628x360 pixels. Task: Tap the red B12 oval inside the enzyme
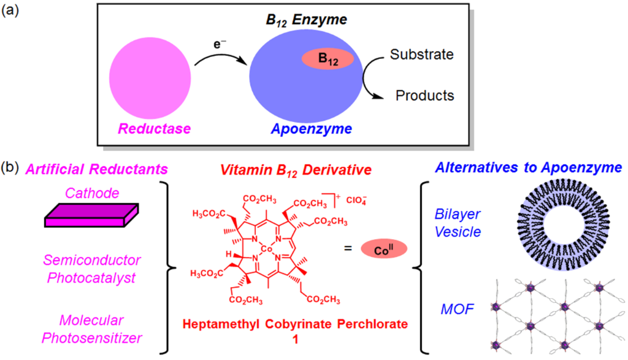(x=327, y=59)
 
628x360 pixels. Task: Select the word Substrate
(x=422, y=55)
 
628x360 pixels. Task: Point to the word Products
(x=424, y=96)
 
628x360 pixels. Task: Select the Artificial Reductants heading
(x=88, y=167)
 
